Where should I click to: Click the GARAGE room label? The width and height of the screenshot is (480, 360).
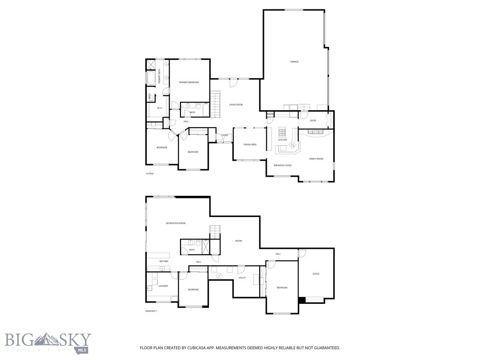pos(294,62)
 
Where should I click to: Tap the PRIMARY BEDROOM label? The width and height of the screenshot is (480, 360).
pos(189,82)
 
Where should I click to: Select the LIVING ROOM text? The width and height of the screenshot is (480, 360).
pos(235,105)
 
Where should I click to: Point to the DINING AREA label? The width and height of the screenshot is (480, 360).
pos(250,144)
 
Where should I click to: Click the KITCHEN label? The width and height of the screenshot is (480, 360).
pos(283,140)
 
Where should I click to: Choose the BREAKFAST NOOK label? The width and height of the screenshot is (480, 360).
pos(283,165)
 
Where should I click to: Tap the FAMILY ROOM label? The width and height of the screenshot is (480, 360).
pos(316,159)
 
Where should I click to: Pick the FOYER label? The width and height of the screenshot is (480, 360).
pos(225,135)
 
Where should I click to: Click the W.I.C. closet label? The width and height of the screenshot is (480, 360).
pos(159,108)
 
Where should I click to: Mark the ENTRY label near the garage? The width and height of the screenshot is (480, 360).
pos(313,121)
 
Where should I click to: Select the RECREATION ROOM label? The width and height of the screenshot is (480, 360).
pos(176,223)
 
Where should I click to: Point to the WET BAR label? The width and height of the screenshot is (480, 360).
pos(164,261)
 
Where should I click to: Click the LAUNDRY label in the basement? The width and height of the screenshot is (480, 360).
pos(163,286)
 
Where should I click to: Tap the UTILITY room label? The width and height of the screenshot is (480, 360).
pos(242,278)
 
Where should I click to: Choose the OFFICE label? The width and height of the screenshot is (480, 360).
pos(316,274)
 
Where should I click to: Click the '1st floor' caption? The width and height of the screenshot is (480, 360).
pos(150,174)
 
